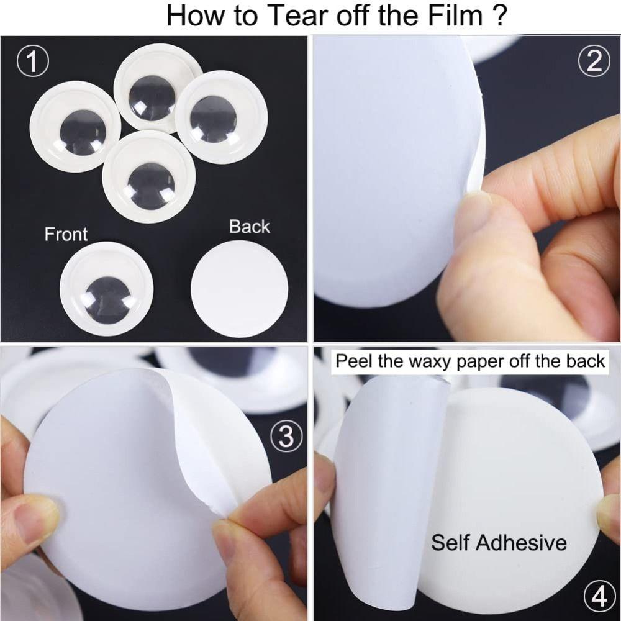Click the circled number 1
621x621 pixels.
(33, 61)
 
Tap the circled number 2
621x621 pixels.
(594, 61)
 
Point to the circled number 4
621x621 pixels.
(600, 597)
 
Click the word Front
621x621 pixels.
(66, 234)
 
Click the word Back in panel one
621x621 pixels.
(250, 227)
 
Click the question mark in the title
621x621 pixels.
(500, 16)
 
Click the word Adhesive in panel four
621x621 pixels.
(521, 542)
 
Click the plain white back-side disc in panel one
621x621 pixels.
(239, 289)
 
